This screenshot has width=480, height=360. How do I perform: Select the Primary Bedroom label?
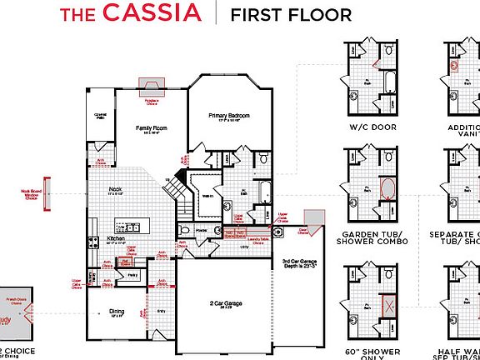pyautogui.click(x=229, y=115)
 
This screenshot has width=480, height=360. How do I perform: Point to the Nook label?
pyautogui.click(x=115, y=189)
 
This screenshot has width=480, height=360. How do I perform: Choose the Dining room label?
pyautogui.click(x=117, y=312)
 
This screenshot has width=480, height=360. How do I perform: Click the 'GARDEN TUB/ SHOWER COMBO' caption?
pyautogui.click(x=373, y=237)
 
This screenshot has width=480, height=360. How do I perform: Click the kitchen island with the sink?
pyautogui.click(x=132, y=226)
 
